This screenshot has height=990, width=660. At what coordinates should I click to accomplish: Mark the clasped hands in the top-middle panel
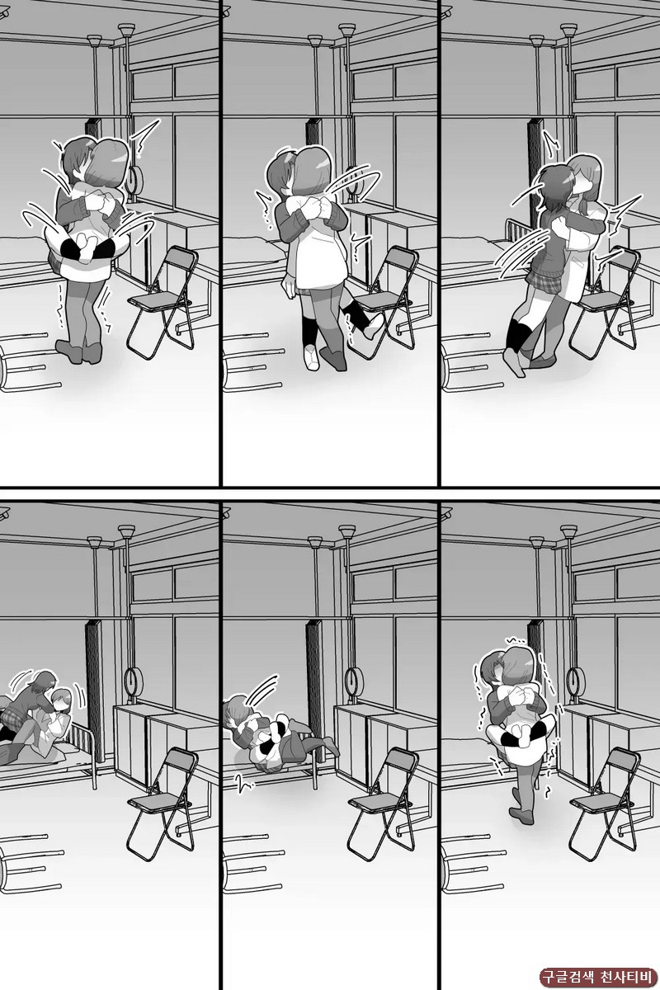(x=318, y=209)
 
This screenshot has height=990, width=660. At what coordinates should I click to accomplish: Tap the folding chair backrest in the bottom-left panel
(x=181, y=766)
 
